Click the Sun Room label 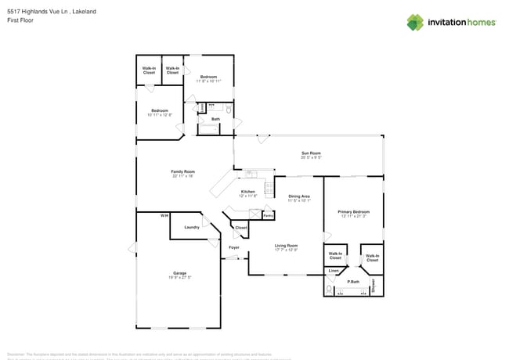click(x=311, y=153)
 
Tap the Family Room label click(x=183, y=171)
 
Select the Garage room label click(x=180, y=273)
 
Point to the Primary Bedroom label click(x=353, y=211)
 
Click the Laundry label click(x=191, y=227)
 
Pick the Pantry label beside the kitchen click(x=268, y=215)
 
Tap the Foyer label click(x=233, y=247)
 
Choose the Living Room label click(x=286, y=246)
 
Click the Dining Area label click(x=298, y=196)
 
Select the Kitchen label click(x=247, y=191)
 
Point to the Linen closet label click(x=334, y=270)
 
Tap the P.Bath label click(x=353, y=281)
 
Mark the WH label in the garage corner click(x=164, y=215)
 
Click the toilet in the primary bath click(x=329, y=289)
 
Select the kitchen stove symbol click(x=269, y=188)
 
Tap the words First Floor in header click(x=21, y=20)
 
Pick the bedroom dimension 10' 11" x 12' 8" click(x=160, y=115)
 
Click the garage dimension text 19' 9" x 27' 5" click(x=180, y=278)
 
